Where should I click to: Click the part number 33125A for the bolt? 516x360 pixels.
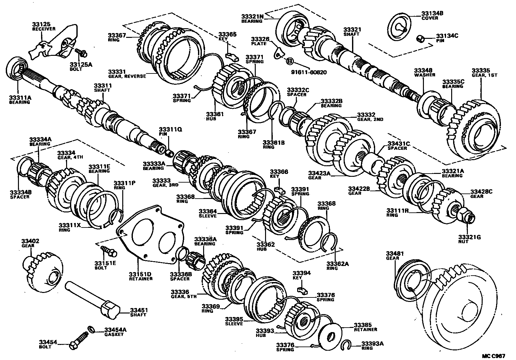pyautogui.click(x=81, y=64)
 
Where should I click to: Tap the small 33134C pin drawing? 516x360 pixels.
pyautogui.click(x=421, y=39)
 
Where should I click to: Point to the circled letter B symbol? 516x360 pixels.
pyautogui.click(x=289, y=61)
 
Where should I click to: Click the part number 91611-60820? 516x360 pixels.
pyautogui.click(x=309, y=73)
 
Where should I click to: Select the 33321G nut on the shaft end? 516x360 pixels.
pyautogui.click(x=466, y=217)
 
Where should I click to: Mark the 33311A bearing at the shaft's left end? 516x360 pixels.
pyautogui.click(x=17, y=68)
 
